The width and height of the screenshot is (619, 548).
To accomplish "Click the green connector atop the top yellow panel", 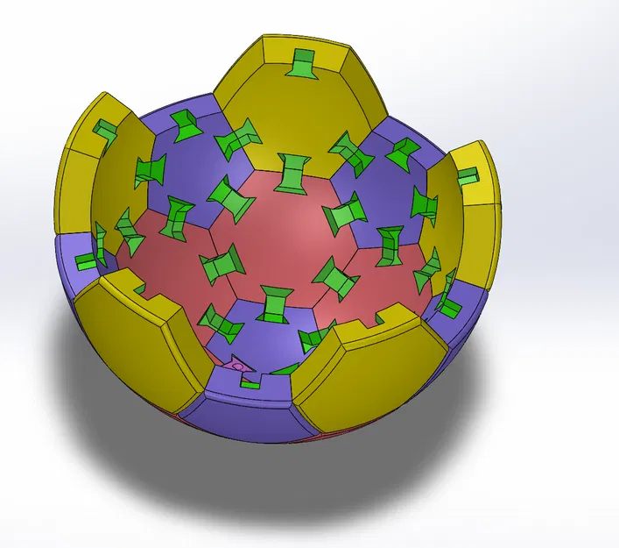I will click(304, 64).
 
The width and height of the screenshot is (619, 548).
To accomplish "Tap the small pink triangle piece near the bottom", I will click(238, 364).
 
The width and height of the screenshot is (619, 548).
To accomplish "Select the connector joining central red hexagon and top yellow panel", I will click(292, 172).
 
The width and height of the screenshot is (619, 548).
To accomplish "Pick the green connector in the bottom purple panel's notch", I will click(250, 383).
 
